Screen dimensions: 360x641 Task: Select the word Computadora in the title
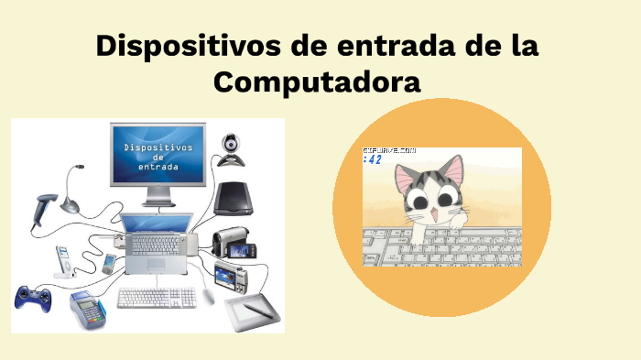click(x=317, y=82)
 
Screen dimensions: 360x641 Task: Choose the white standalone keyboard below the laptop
click(x=157, y=298)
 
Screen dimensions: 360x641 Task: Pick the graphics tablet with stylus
click(x=251, y=311)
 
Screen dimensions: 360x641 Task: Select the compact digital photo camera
click(x=230, y=273)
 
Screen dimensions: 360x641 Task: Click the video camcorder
click(x=233, y=241)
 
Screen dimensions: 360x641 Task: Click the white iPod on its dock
click(x=63, y=261)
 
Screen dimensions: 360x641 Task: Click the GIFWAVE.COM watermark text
click(x=389, y=149)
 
